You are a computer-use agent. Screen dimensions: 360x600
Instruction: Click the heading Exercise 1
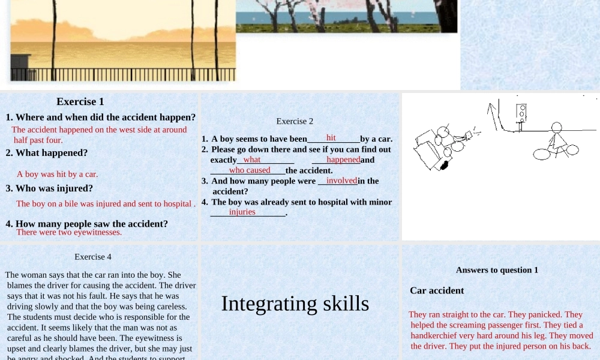coord(80,101)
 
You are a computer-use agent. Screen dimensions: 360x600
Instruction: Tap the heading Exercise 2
coord(295,121)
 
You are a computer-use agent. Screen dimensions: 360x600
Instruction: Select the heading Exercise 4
coord(93,257)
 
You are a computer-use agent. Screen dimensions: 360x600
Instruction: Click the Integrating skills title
coord(295,304)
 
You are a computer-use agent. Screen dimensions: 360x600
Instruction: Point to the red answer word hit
coord(331,138)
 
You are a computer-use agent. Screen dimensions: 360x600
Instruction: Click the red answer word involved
coord(341,181)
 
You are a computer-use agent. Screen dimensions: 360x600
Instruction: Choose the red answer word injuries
coord(242,212)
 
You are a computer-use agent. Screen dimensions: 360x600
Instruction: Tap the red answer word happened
coord(343,160)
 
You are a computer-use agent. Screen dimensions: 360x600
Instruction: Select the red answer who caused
coord(250,170)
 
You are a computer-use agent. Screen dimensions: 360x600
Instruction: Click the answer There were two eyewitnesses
coord(69,232)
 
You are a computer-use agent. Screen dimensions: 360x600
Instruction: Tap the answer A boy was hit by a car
coord(57,175)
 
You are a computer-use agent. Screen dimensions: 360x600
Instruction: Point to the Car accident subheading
coord(437,290)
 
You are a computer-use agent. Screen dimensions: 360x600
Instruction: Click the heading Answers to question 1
coord(497,270)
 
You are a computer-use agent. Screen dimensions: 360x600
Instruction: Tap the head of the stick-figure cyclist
coord(557,127)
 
